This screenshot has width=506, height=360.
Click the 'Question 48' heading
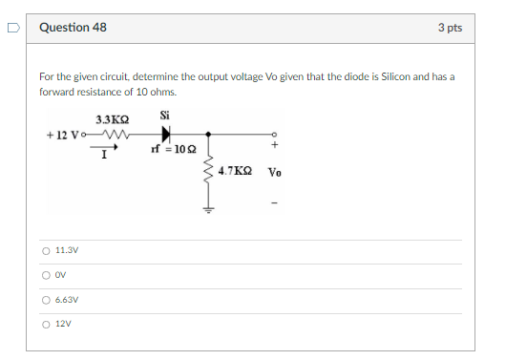point(74,28)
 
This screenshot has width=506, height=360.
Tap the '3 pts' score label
point(450,28)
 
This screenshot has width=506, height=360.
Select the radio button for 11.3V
point(46,251)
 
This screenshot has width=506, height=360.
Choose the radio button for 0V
point(46,275)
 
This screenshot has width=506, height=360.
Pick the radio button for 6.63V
point(46,299)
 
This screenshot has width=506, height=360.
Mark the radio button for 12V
point(46,323)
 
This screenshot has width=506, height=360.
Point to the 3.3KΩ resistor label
point(113,120)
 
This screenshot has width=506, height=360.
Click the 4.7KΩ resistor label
point(235,170)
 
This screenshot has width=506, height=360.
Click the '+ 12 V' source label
point(65,135)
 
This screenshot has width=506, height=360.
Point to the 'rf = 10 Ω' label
point(174,149)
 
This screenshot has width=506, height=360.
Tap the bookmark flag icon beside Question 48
point(12,28)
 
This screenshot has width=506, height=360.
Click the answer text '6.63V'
point(67,299)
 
